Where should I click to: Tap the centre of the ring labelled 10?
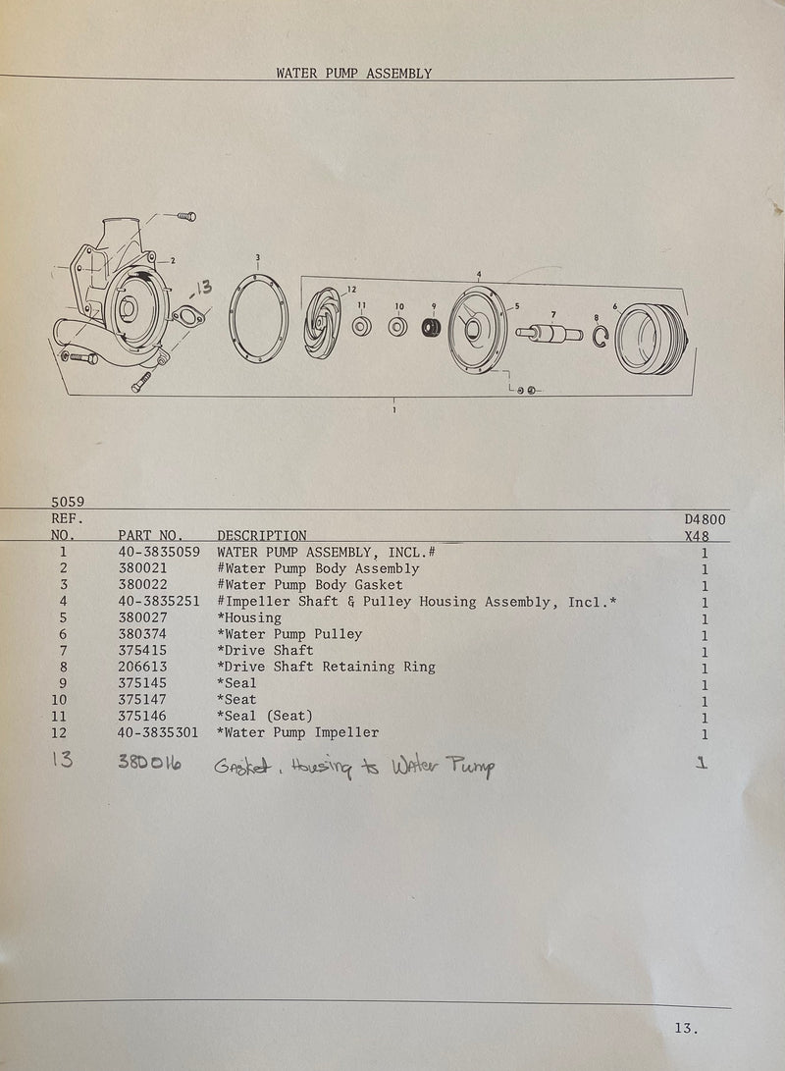[x=397, y=327]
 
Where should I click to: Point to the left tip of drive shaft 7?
[x=517, y=333]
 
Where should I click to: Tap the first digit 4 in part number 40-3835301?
[x=123, y=733]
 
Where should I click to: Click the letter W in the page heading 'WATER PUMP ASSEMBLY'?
[x=281, y=73]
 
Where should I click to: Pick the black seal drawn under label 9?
[x=431, y=328]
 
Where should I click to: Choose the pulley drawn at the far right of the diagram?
[x=652, y=339]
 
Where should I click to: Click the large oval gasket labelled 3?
[x=259, y=318]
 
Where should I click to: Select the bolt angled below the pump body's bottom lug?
[x=142, y=381]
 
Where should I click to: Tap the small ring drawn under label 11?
[x=362, y=327]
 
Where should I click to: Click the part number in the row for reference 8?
[x=142, y=667]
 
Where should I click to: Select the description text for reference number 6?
[x=289, y=634]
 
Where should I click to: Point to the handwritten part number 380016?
[x=149, y=762]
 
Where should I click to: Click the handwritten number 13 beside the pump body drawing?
[x=203, y=288]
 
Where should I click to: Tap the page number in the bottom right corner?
[x=686, y=1027]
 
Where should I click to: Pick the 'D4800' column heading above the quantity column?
[x=706, y=519]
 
